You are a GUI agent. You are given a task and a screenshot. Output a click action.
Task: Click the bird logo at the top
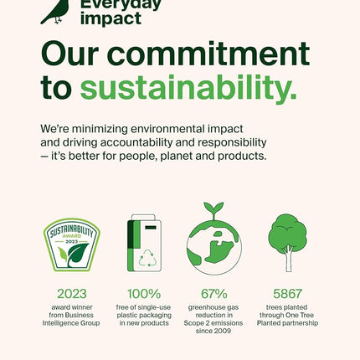tap(56, 12)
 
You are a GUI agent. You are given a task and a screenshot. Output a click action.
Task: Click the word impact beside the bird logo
tap(111, 19)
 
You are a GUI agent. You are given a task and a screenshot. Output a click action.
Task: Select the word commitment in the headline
tap(208, 54)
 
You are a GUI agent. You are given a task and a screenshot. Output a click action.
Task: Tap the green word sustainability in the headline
tap(188, 88)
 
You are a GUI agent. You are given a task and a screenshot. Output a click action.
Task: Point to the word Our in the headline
tap(69, 54)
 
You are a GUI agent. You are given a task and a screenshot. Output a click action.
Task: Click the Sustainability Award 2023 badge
tap(72, 244)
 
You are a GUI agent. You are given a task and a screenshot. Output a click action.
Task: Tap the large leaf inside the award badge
tap(78, 255)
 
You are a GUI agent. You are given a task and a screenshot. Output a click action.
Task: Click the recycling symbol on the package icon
tap(148, 258)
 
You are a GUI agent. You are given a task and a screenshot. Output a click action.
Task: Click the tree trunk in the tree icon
tap(288, 259)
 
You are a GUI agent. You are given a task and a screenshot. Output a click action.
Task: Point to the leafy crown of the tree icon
tap(287, 231)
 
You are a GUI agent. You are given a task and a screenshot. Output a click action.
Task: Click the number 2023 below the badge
tap(72, 294)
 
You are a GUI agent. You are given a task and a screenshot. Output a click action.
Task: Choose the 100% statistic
tap(144, 294)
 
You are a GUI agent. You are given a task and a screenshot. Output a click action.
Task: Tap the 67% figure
tap(214, 294)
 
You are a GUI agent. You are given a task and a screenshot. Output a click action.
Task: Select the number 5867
tap(287, 294)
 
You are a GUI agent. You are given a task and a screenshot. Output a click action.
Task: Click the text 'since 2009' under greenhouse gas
tap(213, 331)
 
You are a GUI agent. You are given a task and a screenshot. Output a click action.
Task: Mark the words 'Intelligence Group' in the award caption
tap(71, 323)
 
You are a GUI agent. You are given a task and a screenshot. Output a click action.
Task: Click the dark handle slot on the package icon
tap(151, 228)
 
